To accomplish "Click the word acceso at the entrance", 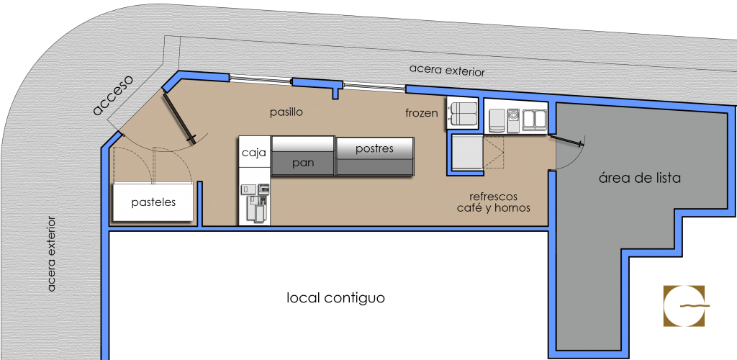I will tap(114, 95).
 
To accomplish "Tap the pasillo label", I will tap(286, 112).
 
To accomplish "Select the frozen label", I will tap(422, 113).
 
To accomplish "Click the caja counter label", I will tap(253, 153).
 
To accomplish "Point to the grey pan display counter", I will tap(303, 163).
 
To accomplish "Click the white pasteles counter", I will tap(153, 203).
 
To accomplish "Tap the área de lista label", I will tap(639, 178).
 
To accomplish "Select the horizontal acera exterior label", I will tap(447, 71).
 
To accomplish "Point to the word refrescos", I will tap(493, 196).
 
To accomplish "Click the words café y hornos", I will tap(494, 208).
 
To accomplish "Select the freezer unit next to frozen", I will tap(462, 114).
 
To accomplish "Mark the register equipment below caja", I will tap(255, 202).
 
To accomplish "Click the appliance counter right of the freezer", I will tap(516, 117).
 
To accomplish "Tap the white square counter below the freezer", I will tap(466, 153).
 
